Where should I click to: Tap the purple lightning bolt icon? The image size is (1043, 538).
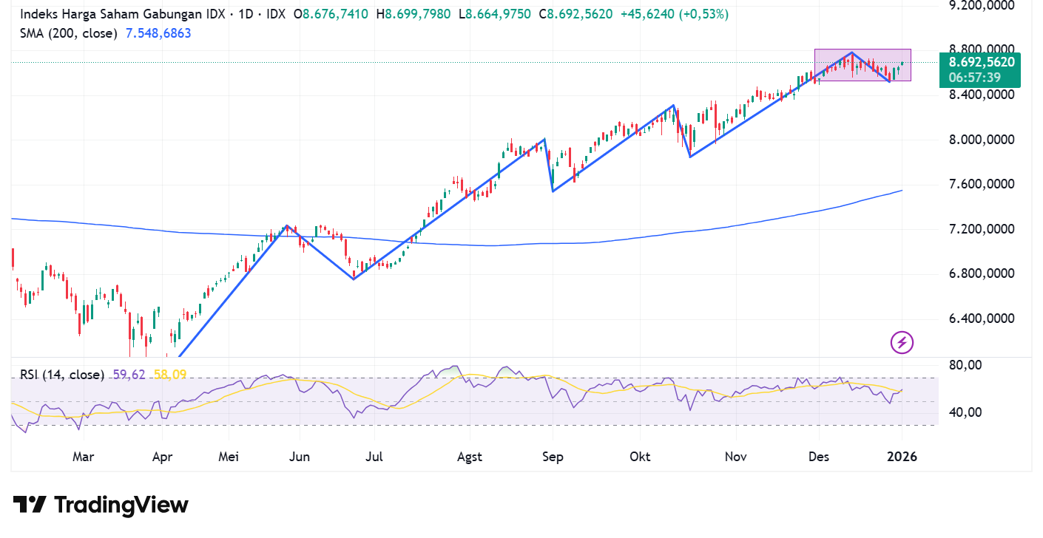902,342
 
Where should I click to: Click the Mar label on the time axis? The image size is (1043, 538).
83,457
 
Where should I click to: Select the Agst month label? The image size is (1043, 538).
469,457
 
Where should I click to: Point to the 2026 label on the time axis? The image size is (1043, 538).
902,457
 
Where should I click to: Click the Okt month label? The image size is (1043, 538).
640,457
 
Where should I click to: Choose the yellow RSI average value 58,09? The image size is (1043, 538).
169,375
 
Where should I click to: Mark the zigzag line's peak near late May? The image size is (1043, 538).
288,225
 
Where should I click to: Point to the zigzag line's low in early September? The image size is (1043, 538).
553,191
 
